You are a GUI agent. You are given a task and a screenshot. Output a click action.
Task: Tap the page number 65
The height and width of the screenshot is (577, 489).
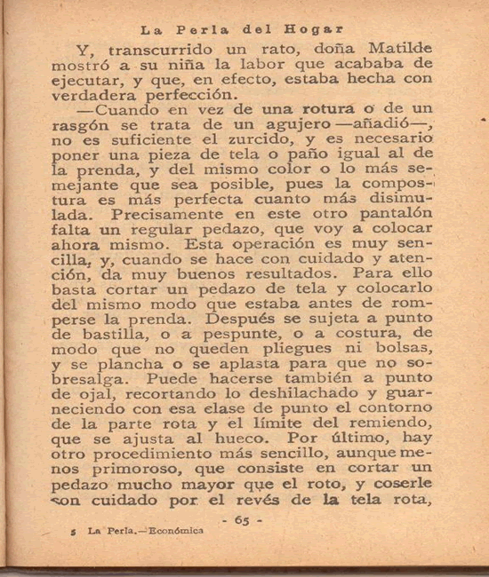pos(241,520)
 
